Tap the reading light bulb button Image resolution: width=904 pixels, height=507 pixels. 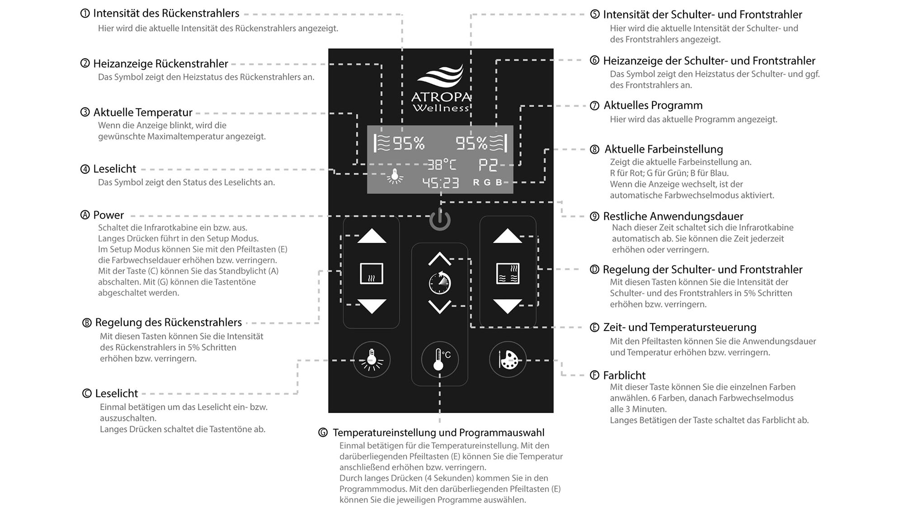point(372,360)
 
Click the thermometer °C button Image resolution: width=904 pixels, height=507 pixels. point(439,360)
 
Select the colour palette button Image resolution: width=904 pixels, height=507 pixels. point(508,360)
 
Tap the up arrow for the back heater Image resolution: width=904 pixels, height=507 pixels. point(372,236)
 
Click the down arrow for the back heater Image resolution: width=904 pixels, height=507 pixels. point(372,306)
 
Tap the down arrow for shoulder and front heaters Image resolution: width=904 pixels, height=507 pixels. point(508,306)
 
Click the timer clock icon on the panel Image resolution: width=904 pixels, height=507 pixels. point(439,283)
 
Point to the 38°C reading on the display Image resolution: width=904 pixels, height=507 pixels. point(442,165)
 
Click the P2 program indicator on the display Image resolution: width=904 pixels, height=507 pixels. point(488,165)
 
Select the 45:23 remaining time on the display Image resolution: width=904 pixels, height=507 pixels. point(440,183)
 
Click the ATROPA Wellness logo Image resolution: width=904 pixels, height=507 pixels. point(441,88)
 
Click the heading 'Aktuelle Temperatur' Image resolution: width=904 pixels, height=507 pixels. point(142,112)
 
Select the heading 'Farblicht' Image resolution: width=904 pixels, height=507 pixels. point(624,375)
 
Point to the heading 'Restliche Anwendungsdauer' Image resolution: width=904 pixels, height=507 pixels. point(673,216)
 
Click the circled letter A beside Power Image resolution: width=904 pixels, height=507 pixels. point(85,215)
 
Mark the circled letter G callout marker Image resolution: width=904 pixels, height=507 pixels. point(323,433)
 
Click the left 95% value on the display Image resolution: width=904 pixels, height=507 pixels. point(409,143)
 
